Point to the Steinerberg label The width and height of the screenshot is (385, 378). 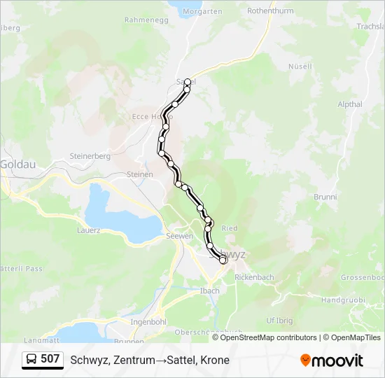click(x=90, y=156)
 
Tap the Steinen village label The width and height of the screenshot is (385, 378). click(x=140, y=174)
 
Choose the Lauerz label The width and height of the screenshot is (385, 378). click(x=90, y=230)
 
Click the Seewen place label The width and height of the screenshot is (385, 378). click(x=179, y=236)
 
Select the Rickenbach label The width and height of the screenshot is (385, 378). click(x=254, y=277)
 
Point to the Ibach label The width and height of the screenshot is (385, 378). click(x=210, y=290)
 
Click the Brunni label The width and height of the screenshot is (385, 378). click(x=325, y=197)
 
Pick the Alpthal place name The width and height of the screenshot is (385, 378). click(x=350, y=104)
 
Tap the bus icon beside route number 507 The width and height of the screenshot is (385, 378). click(x=32, y=360)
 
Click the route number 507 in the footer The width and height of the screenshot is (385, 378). click(x=50, y=360)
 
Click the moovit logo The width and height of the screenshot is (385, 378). click(x=332, y=360)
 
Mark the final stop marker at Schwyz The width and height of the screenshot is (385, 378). click(x=223, y=260)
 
